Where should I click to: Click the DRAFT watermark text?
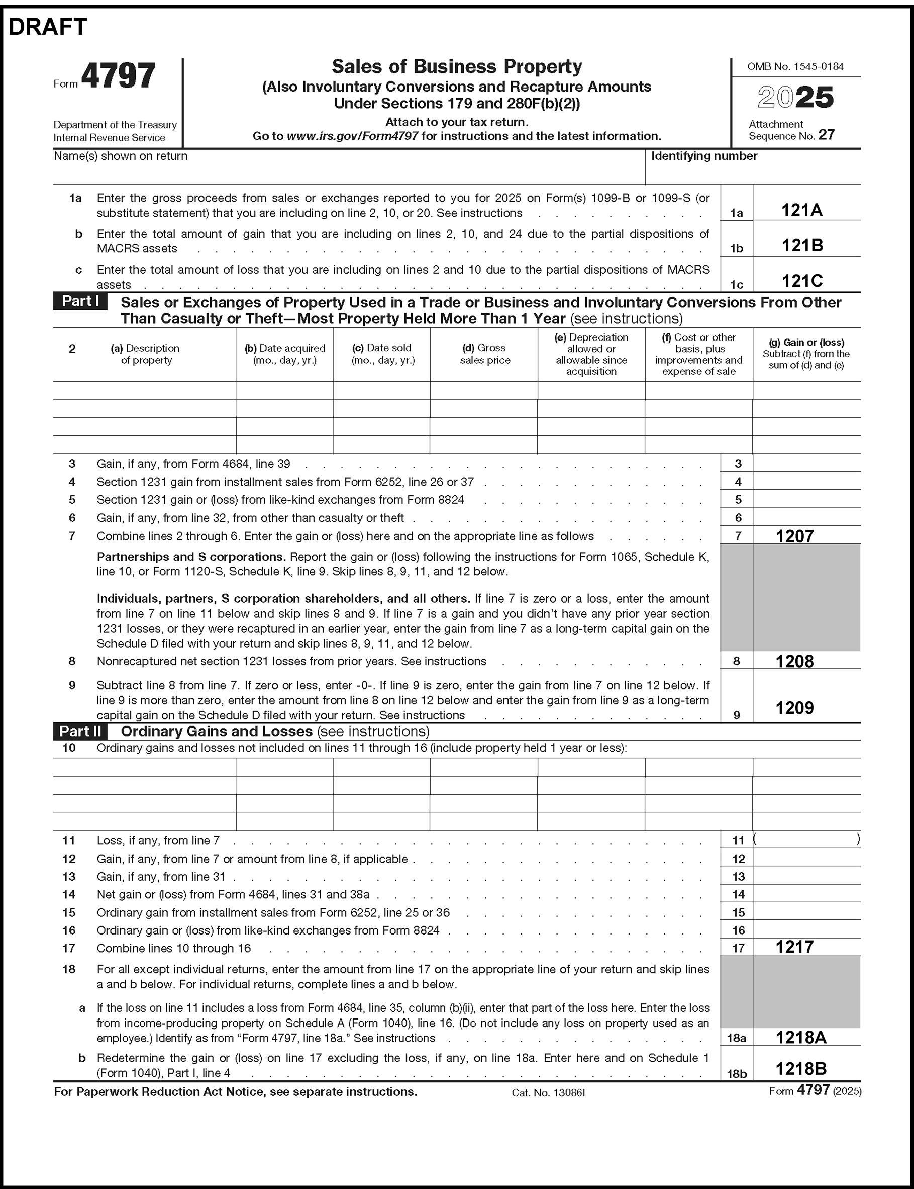pyautogui.click(x=48, y=27)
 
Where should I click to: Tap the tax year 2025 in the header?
pyautogui.click(x=795, y=98)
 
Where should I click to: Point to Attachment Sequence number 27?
pyautogui.click(x=826, y=135)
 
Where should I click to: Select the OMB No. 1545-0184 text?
pyautogui.click(x=795, y=67)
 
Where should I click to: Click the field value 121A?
pyautogui.click(x=801, y=210)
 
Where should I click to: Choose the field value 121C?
pyautogui.click(x=802, y=281)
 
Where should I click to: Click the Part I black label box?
pyautogui.click(x=80, y=302)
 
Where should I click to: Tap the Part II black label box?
pyautogui.click(x=80, y=731)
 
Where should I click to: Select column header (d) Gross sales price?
pyautogui.click(x=485, y=354)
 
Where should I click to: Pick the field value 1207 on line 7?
pyautogui.click(x=794, y=536)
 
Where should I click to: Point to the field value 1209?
pyautogui.click(x=794, y=708)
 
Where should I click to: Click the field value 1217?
pyautogui.click(x=794, y=947)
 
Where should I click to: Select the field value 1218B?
pyautogui.click(x=801, y=1069)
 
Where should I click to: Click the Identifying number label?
pyautogui.click(x=704, y=156)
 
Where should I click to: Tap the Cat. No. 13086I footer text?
pyautogui.click(x=548, y=1092)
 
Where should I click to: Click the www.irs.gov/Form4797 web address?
pyautogui.click(x=353, y=136)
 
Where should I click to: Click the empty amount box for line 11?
pyautogui.click(x=806, y=840)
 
